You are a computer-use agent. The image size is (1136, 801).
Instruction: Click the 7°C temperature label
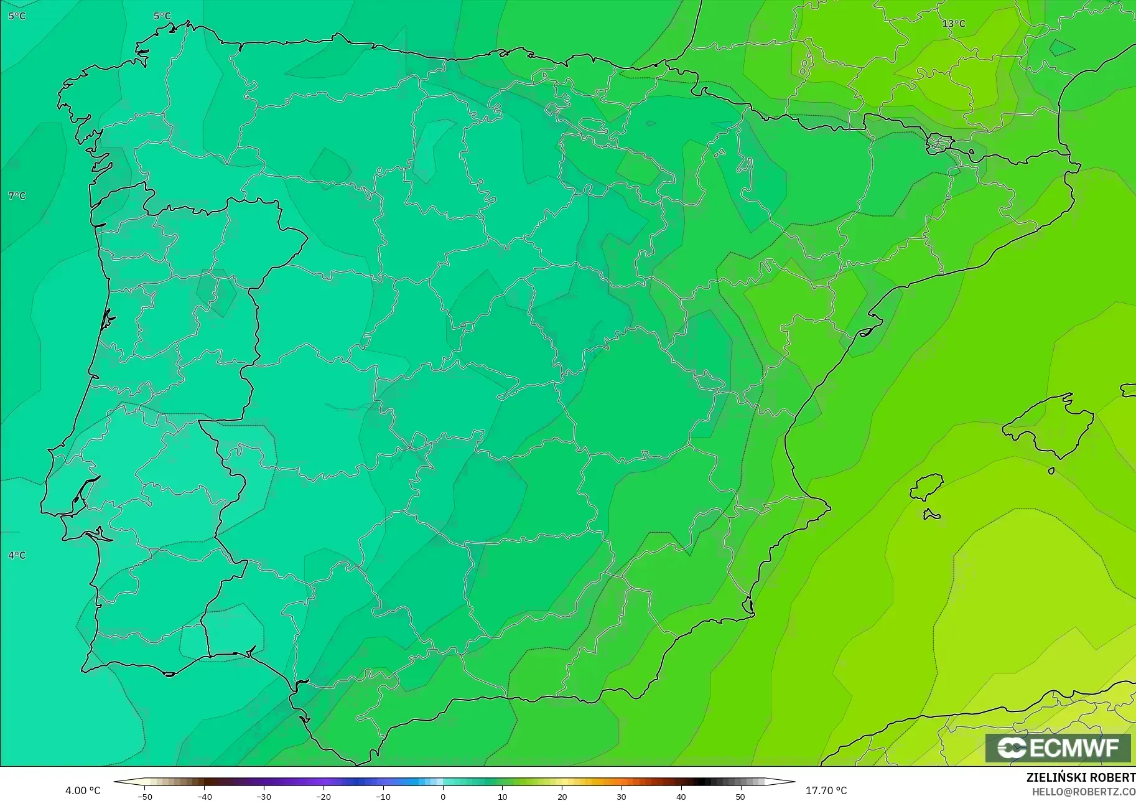click(x=17, y=196)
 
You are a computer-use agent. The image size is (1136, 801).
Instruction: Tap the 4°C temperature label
click(x=17, y=555)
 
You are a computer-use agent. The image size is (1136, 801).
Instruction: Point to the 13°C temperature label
click(x=953, y=24)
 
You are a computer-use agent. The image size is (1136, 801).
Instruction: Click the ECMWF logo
click(x=1058, y=747)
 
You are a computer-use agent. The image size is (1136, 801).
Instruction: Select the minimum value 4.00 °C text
click(x=83, y=790)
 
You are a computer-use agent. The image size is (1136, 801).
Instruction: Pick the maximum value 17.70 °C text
click(x=826, y=790)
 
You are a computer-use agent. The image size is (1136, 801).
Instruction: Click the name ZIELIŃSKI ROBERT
click(x=1081, y=778)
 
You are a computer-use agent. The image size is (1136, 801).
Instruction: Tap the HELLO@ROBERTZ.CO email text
click(x=1084, y=792)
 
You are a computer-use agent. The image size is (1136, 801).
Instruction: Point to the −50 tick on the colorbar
click(x=144, y=796)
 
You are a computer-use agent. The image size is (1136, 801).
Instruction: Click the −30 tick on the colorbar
click(x=263, y=796)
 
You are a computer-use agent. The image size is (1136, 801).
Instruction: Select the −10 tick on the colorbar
click(x=383, y=796)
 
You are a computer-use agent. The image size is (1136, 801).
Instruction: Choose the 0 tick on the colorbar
click(x=442, y=796)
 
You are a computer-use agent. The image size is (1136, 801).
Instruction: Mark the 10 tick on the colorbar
click(x=502, y=796)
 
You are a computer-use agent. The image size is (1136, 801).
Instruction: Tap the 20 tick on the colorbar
click(x=562, y=796)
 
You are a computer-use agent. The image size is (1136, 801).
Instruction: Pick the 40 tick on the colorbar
click(x=681, y=796)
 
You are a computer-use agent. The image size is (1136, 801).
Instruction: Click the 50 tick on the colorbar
click(x=740, y=796)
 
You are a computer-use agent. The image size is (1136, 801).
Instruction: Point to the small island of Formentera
click(x=931, y=514)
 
